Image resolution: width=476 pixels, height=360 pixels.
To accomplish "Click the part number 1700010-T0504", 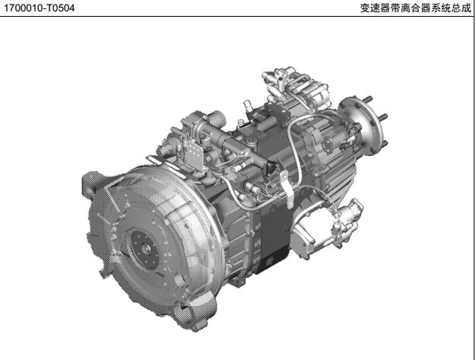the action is pyautogui.click(x=39, y=8).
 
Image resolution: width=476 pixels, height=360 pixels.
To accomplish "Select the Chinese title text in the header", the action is pyautogui.click(x=415, y=8).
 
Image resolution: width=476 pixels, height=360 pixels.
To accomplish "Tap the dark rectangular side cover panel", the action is pyautogui.click(x=274, y=234).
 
